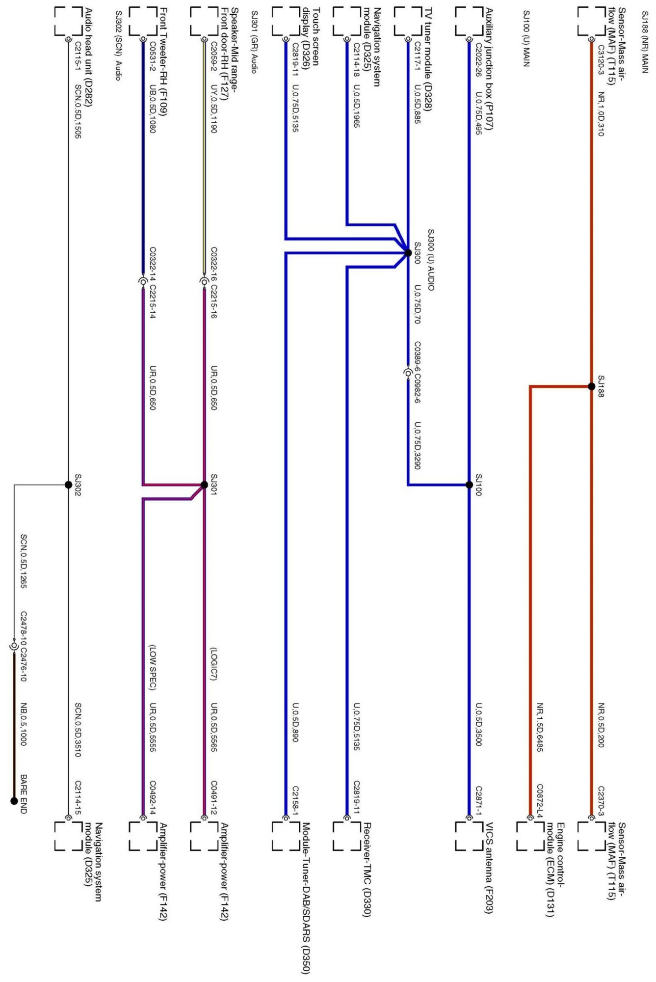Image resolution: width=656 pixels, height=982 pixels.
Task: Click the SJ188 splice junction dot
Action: click(x=591, y=386)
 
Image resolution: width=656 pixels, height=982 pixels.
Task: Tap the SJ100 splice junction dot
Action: click(x=469, y=485)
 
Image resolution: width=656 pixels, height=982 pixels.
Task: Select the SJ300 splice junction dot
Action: click(x=408, y=253)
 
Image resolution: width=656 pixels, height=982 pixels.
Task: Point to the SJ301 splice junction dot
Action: click(x=204, y=485)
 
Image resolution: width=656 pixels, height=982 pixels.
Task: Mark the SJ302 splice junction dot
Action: click(x=69, y=485)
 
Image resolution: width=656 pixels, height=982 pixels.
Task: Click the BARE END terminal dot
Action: click(x=14, y=801)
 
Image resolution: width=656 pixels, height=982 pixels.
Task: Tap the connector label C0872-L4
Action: click(x=540, y=794)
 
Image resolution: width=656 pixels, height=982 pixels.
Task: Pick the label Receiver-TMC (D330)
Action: click(x=367, y=869)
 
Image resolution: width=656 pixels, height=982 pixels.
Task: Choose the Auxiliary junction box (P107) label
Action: click(x=489, y=69)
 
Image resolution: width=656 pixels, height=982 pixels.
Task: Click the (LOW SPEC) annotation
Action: click(x=153, y=667)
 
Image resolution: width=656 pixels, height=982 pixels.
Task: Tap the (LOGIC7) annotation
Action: click(x=213, y=664)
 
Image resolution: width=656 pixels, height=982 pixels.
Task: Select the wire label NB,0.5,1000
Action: click(x=24, y=724)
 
